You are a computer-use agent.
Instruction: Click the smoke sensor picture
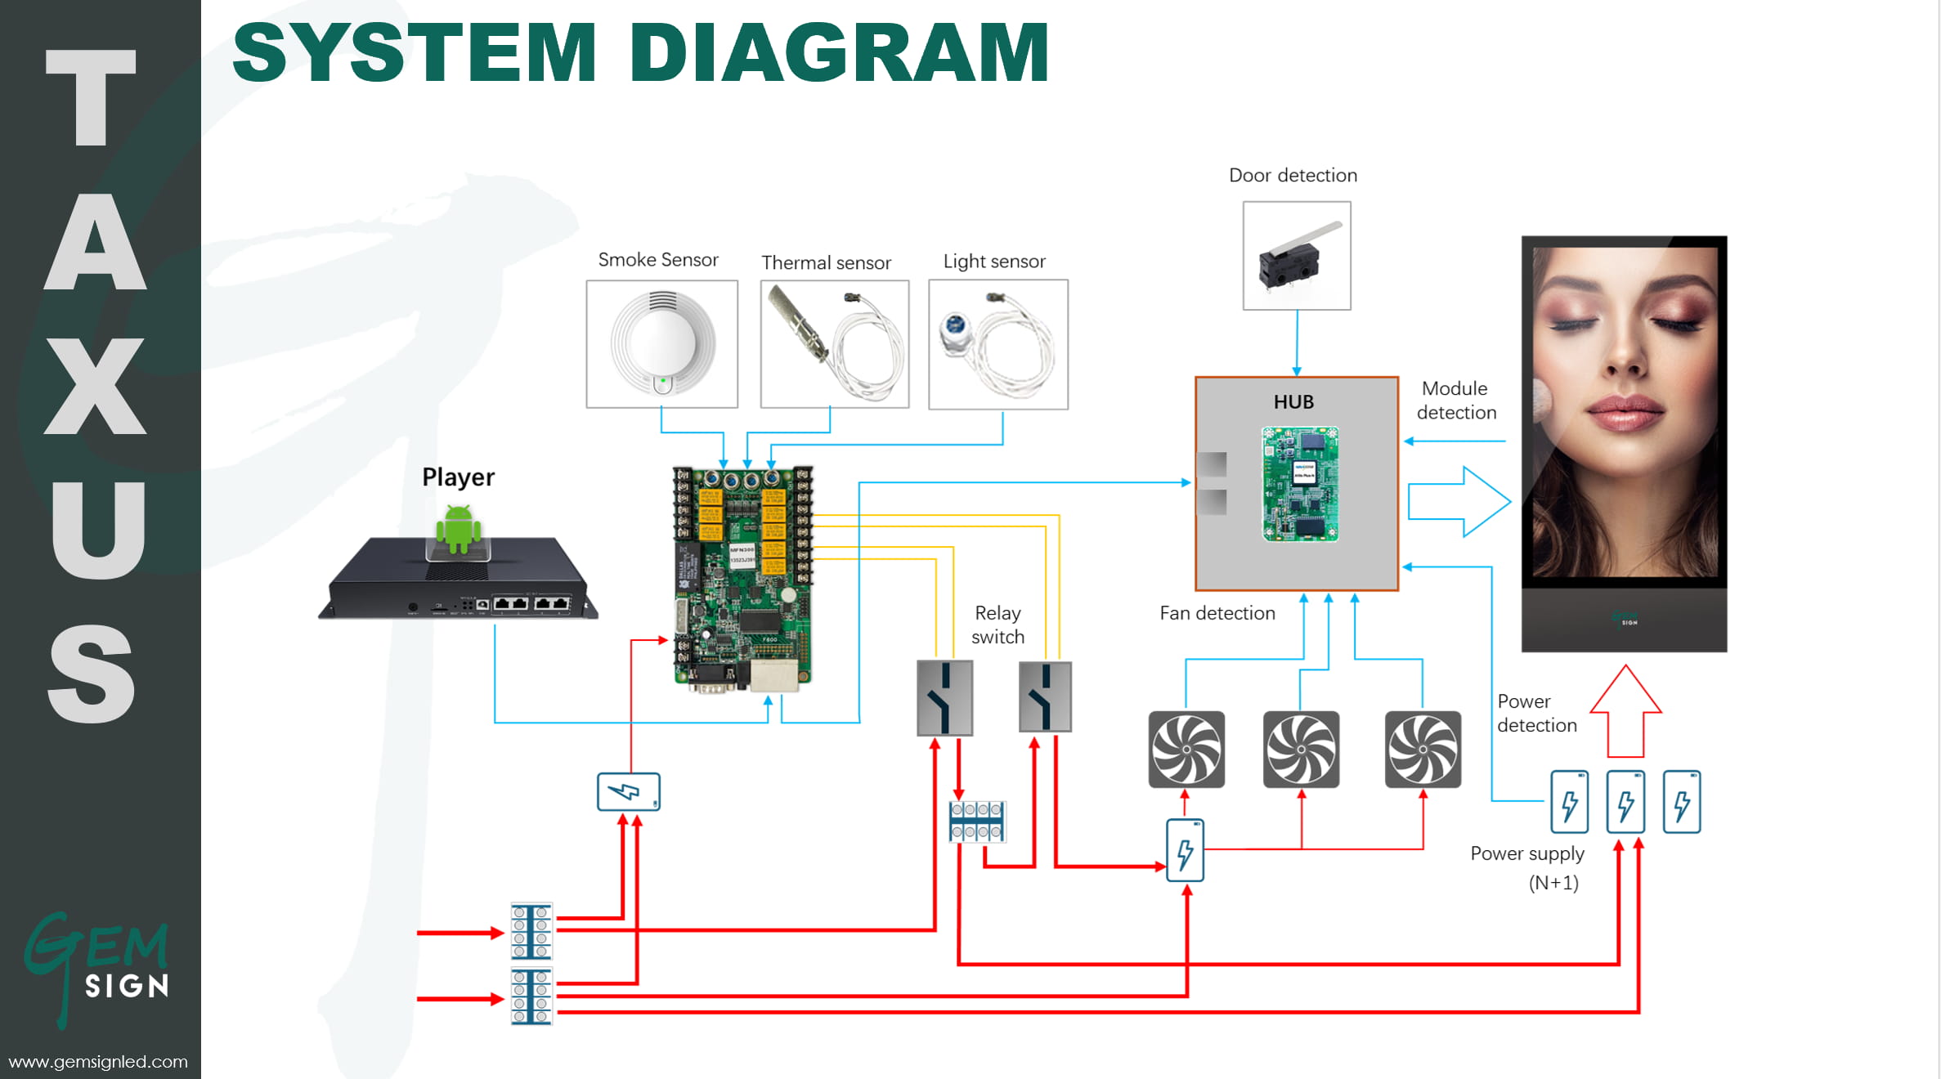(x=662, y=344)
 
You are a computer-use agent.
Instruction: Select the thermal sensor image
(x=834, y=344)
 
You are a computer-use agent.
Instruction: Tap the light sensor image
(x=998, y=344)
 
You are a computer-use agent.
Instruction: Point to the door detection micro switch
(x=1297, y=256)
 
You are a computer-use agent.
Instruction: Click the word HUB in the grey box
(x=1293, y=402)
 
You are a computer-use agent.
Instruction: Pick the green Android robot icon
(x=458, y=529)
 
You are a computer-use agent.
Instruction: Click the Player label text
(x=458, y=477)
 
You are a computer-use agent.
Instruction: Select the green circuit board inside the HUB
(x=1300, y=484)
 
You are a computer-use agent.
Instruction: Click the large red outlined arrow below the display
(x=1625, y=711)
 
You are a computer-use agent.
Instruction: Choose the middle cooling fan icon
(x=1301, y=750)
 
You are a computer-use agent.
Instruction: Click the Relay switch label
(x=997, y=625)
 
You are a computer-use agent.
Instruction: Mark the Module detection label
(x=1456, y=401)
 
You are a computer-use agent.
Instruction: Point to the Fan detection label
(x=1217, y=614)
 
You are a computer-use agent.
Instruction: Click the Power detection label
(x=1536, y=714)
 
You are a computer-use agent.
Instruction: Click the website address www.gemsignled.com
(x=98, y=1062)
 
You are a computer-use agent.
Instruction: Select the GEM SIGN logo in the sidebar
(x=98, y=965)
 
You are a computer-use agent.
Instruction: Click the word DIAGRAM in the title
(x=839, y=53)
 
